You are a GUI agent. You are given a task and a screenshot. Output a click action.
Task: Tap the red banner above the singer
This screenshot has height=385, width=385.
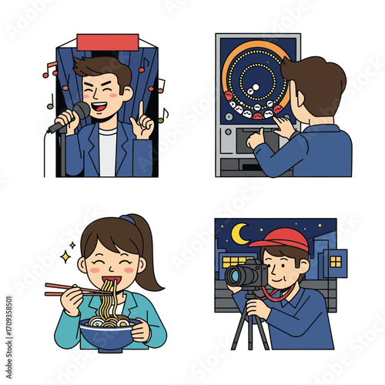click(x=107, y=41)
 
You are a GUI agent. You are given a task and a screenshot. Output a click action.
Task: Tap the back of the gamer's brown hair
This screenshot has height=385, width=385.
click(x=323, y=89)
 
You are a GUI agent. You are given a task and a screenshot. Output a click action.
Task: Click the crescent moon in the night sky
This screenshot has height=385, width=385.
click(x=241, y=231)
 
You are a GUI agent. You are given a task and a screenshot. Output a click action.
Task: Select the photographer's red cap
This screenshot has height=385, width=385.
click(x=281, y=239)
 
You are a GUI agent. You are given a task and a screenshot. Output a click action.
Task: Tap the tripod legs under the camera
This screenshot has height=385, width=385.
click(x=250, y=327)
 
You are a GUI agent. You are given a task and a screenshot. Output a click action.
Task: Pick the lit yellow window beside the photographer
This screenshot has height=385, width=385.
click(x=336, y=261)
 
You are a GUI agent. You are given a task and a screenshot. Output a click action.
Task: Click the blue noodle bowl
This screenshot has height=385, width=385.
click(x=109, y=335)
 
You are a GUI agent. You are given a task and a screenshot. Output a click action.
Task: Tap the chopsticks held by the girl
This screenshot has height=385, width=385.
click(x=65, y=290)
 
